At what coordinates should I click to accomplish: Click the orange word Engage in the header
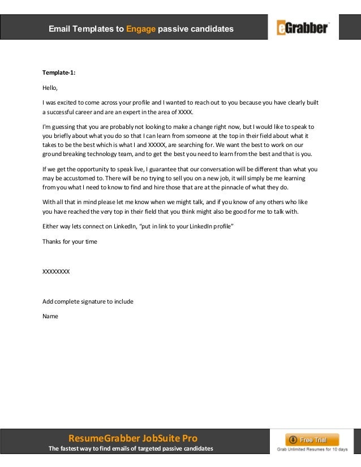pos(141,28)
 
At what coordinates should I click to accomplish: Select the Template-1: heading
pos(59,73)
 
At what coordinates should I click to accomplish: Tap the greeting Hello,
pos(50,88)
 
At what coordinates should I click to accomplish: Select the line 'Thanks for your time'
pos(70,241)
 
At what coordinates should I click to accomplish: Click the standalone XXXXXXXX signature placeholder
pos(56,271)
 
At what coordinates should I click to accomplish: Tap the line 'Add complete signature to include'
pos(88,301)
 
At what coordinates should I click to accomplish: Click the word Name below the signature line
pos(50,316)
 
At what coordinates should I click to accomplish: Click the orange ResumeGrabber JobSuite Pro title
pos(132,438)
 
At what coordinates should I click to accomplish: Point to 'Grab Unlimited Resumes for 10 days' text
pos(312,449)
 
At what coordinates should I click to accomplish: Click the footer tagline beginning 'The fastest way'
pos(131,449)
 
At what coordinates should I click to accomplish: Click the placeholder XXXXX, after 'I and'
pos(157,145)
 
